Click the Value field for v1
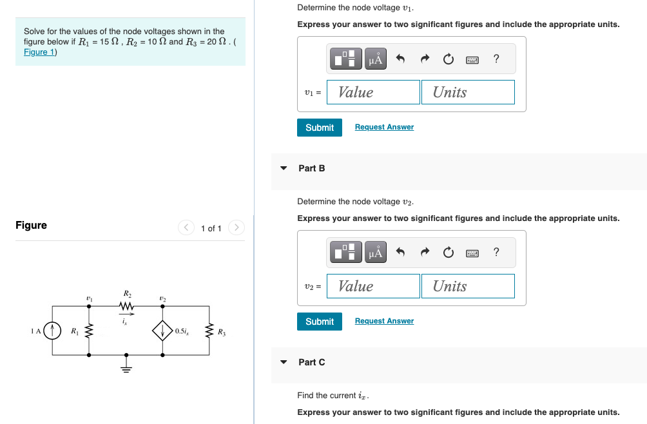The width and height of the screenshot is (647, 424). click(x=373, y=92)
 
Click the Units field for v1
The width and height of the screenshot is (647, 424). click(x=468, y=92)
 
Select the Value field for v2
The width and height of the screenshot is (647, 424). click(x=373, y=286)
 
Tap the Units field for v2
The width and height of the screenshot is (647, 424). click(x=468, y=286)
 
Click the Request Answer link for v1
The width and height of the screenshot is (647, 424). click(x=384, y=127)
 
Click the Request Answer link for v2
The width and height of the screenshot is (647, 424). click(x=384, y=321)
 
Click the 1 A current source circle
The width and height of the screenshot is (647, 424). click(x=52, y=331)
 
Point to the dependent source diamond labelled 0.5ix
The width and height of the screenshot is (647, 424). click(x=162, y=331)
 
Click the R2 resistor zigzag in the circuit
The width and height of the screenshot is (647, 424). click(x=126, y=306)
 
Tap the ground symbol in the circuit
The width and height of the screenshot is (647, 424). click(x=126, y=368)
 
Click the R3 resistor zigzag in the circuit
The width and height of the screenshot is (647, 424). click(x=209, y=331)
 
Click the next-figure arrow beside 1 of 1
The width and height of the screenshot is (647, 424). click(x=237, y=227)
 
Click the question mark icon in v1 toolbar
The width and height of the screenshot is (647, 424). click(x=496, y=59)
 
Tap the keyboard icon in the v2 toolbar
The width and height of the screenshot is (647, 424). click(x=472, y=253)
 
